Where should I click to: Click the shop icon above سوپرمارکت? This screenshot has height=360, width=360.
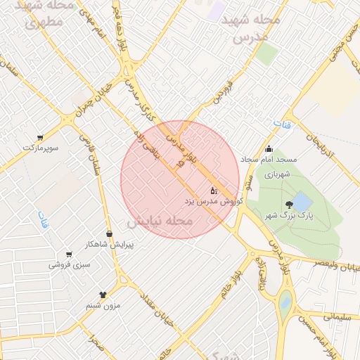tap(40, 138)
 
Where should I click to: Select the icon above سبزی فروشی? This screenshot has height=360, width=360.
tap(69, 255)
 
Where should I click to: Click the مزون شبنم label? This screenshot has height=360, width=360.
tap(103, 305)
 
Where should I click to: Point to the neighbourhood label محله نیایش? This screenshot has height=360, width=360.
tap(160, 221)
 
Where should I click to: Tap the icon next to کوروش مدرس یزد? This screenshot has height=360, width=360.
tap(214, 191)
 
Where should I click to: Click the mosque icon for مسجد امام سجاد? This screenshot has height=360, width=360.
tap(269, 149)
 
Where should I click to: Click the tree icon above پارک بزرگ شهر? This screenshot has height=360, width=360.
tap(290, 205)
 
